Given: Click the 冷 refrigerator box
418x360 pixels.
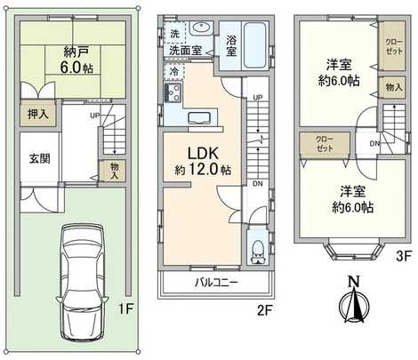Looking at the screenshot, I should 173,69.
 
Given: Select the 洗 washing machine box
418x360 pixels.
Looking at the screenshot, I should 173,34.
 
